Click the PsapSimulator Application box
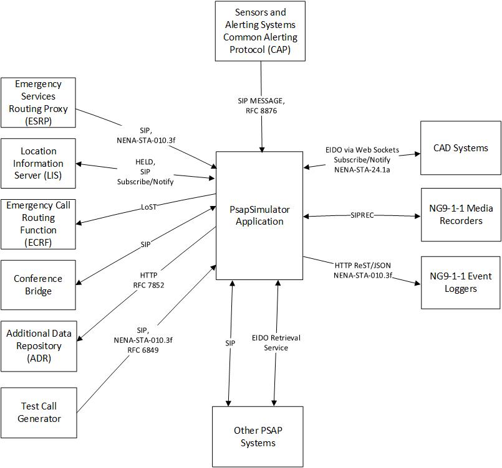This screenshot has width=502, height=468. coord(259,215)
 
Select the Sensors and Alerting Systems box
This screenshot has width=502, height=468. coord(260,31)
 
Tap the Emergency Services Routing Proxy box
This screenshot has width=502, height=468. coord(38,103)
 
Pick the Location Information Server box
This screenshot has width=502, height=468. coord(38,164)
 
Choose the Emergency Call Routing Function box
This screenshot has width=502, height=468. coord(38,224)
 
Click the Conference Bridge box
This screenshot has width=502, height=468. coord(38,285)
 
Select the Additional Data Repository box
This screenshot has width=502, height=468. coord(38,346)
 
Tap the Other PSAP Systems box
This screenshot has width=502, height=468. coord(258,437)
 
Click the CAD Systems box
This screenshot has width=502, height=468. coord(460,148)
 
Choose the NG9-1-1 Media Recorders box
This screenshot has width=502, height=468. coord(461,215)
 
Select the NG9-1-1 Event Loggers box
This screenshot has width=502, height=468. coord(461,283)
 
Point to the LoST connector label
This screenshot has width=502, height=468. coord(148,207)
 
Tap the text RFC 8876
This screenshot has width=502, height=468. coord(261,111)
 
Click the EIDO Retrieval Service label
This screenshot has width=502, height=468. coord(276,343)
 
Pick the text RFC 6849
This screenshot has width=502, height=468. coord(143,350)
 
